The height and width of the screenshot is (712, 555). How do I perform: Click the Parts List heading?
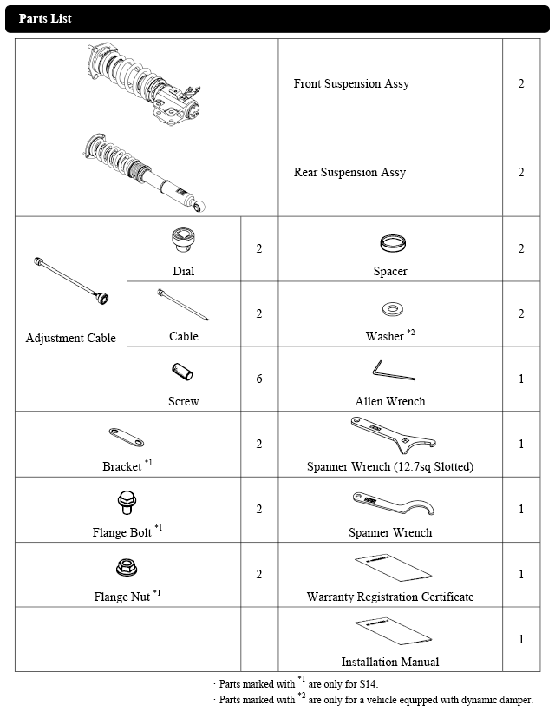click(x=45, y=18)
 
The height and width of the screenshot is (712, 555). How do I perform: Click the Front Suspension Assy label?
click(x=351, y=84)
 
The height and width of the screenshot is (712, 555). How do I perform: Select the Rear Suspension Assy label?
click(x=349, y=173)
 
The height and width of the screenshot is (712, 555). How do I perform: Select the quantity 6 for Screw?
click(x=259, y=379)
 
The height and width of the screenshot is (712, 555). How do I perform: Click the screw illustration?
click(x=182, y=372)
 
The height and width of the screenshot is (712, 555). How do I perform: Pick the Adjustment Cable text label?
click(x=70, y=338)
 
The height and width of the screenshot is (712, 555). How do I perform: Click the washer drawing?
click(x=390, y=310)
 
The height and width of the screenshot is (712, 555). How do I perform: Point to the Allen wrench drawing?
click(x=393, y=372)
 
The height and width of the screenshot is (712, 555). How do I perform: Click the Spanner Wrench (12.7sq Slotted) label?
click(x=390, y=467)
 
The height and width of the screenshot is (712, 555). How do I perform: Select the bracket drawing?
click(x=127, y=436)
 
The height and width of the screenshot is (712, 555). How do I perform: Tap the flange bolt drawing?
click(x=125, y=502)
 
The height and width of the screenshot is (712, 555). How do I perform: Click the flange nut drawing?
click(x=126, y=568)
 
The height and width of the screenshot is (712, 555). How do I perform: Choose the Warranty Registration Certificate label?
click(x=390, y=597)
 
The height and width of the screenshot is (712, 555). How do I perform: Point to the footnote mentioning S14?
click(x=297, y=682)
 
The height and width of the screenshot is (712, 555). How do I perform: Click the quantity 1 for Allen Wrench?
click(x=521, y=379)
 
